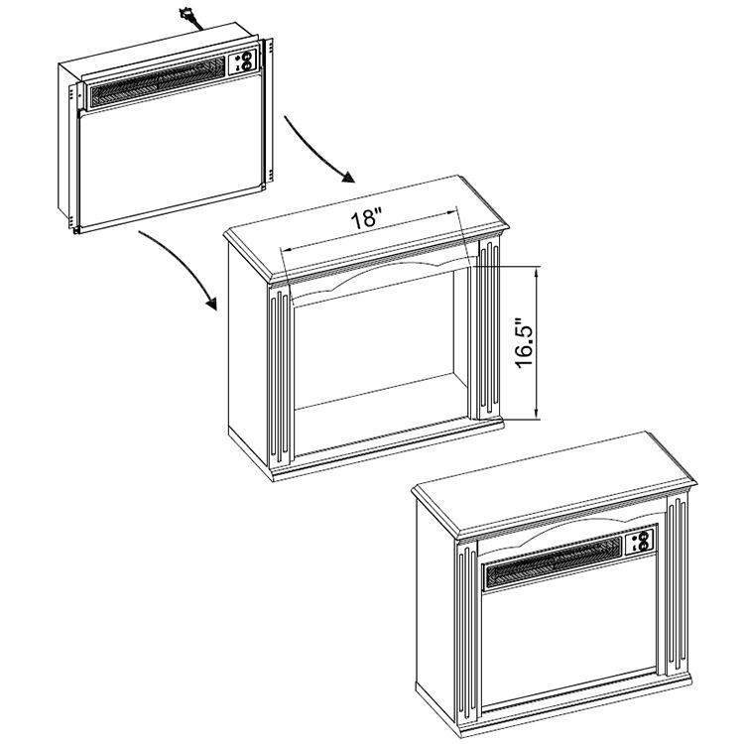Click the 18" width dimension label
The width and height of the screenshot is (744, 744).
tap(366, 219)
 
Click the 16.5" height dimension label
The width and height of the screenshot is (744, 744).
tap(525, 342)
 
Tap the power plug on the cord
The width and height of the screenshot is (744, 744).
tap(186, 14)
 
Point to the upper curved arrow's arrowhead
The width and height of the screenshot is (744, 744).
tap(349, 177)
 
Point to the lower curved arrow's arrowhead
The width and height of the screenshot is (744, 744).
tap(210, 304)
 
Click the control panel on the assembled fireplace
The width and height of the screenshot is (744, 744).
tap(639, 542)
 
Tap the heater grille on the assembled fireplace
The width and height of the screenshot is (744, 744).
tap(554, 562)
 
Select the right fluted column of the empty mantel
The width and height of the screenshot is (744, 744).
tap(489, 329)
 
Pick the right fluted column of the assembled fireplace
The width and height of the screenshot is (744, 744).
tap(678, 585)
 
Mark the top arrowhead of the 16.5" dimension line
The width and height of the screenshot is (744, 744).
tap(537, 272)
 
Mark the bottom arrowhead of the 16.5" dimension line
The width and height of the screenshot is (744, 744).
tap(537, 413)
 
